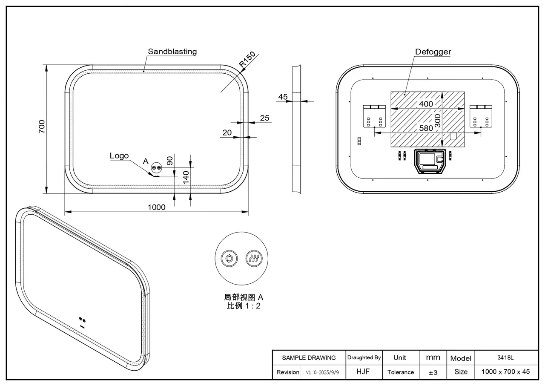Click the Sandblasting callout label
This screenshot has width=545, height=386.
pyautogui.click(x=172, y=52)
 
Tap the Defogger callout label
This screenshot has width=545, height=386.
pyautogui.click(x=433, y=52)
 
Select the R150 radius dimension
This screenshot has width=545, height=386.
pyautogui.click(x=247, y=60)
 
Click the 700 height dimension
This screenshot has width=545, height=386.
pyautogui.click(x=42, y=127)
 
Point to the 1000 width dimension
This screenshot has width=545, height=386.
pyautogui.click(x=156, y=207)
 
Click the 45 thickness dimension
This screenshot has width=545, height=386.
pyautogui.click(x=283, y=97)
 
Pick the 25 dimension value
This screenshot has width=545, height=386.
pyautogui.click(x=264, y=118)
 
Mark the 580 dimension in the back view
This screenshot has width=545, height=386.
pyautogui.click(x=426, y=128)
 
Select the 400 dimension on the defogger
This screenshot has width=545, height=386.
pyautogui.click(x=426, y=104)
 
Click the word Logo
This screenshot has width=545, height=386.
pyautogui.click(x=119, y=156)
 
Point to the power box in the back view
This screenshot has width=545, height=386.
pyautogui.click(x=430, y=161)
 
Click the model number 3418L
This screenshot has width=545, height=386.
pyautogui.click(x=506, y=357)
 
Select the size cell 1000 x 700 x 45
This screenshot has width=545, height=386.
pyautogui.click(x=505, y=372)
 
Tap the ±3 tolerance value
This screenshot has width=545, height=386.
pyautogui.click(x=433, y=372)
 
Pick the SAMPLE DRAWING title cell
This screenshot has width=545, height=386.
pyautogui.click(x=309, y=358)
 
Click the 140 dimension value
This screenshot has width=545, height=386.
pyautogui.click(x=186, y=177)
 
